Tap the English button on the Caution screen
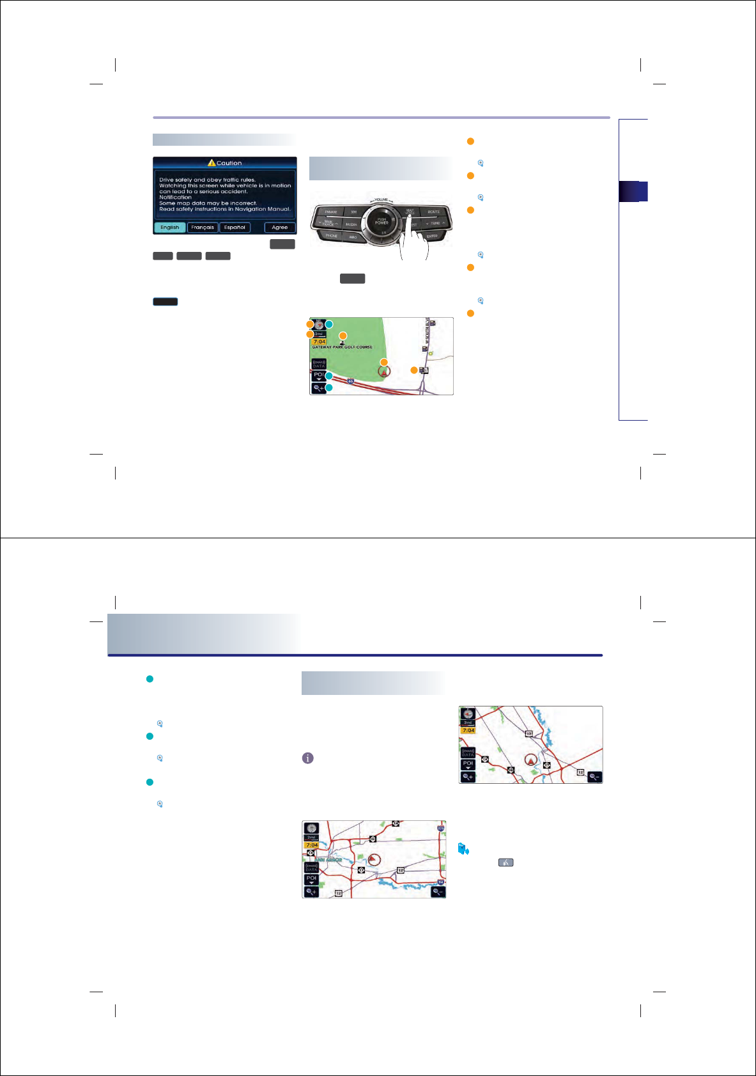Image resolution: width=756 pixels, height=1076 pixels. point(170,228)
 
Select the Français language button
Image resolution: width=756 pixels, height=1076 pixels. point(203,228)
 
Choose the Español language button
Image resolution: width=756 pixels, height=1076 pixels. point(235,228)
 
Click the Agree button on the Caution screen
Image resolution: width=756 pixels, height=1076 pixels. point(280,228)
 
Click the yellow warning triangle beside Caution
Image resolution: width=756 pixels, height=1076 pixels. point(212,163)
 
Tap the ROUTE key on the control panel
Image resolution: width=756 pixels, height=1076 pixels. point(434,212)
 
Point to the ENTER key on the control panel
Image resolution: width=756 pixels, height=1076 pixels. point(432,236)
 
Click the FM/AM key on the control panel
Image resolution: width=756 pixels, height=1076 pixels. point(330,212)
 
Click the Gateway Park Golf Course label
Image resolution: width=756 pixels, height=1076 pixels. point(343,347)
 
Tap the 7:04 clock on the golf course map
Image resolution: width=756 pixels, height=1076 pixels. point(320,342)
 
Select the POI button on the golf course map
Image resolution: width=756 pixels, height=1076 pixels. point(318,376)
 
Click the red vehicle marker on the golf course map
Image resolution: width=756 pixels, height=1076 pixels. point(384,371)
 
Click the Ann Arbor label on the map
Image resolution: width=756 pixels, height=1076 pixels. point(330,860)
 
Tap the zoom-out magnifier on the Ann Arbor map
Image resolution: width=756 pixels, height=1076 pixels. point(438,892)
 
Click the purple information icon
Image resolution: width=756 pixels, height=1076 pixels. point(307,758)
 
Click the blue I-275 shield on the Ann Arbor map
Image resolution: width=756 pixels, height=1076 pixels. point(441,828)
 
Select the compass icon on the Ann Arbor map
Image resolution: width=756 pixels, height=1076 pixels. point(311,828)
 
